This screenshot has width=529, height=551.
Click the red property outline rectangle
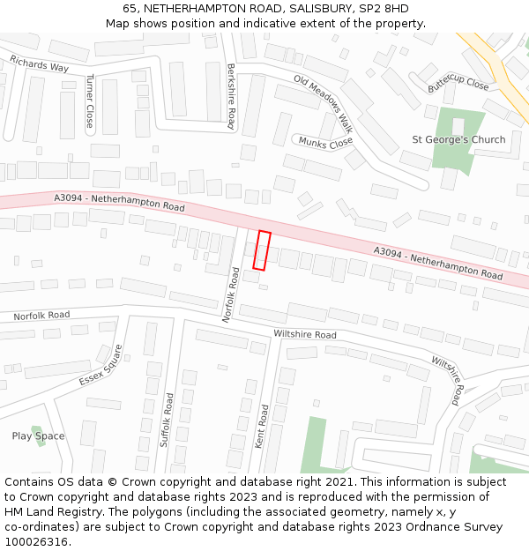point(262,250)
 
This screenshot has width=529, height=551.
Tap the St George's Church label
point(458,139)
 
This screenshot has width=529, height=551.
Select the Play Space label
point(38,436)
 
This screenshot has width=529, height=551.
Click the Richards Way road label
point(39,64)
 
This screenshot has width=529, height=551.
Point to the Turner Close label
point(90,101)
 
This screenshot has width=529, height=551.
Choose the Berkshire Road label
point(231,97)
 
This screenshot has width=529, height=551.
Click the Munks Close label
point(325,142)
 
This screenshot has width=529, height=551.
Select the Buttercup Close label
point(458,83)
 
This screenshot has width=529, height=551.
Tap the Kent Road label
point(262,427)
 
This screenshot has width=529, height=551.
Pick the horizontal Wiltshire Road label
point(305,335)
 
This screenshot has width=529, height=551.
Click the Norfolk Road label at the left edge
point(41,316)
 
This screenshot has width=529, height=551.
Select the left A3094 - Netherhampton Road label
point(118,202)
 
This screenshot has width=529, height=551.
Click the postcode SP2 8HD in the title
point(384,8)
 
